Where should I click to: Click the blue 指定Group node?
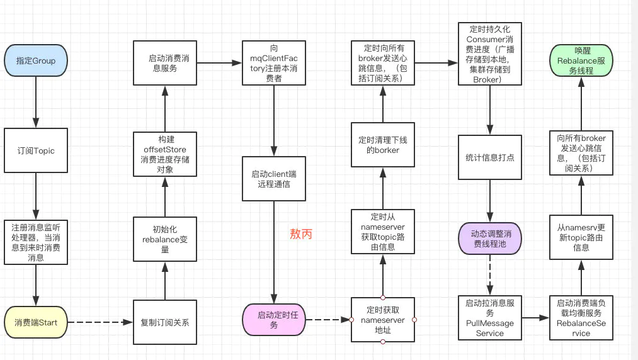[35, 61]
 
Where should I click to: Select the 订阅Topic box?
[35, 151]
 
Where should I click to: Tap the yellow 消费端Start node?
[35, 322]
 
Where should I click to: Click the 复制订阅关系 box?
[164, 322]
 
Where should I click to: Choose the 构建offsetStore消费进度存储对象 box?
[164, 155]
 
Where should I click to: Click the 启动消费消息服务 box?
[164, 63]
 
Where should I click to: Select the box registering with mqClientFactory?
[274, 63]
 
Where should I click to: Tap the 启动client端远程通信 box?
[274, 179]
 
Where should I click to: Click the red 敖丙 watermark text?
[300, 234]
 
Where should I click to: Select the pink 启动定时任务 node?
[274, 320]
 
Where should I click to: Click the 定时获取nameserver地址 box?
[383, 320]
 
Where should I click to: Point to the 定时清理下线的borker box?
[383, 145]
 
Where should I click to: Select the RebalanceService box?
[580, 318]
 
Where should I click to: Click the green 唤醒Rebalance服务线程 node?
[580, 60]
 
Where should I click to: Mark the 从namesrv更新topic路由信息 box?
[580, 238]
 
